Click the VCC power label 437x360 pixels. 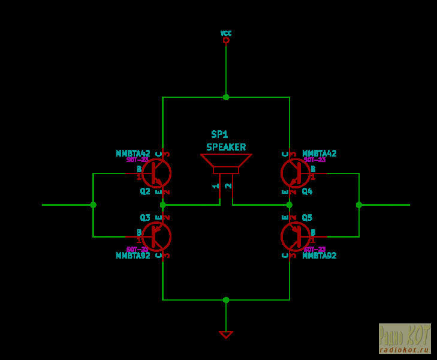tap(226, 34)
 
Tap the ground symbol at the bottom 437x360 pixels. tap(226, 334)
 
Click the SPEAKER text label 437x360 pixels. tap(226, 147)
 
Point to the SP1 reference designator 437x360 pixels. tap(219, 134)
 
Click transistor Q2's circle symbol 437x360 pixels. tap(156, 173)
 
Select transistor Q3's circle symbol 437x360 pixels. tap(156, 236)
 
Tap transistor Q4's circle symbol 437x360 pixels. tap(296, 173)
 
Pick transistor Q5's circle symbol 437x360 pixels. tap(296, 236)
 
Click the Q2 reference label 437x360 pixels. tap(145, 191)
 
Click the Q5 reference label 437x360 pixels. tap(307, 218)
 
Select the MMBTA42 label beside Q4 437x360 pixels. tap(320, 154)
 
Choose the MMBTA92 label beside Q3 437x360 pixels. tap(133, 256)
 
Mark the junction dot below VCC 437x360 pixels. tap(226, 97)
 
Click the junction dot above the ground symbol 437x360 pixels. tap(226, 300)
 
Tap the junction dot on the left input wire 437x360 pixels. tap(93, 205)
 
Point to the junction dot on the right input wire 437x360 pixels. tap(359, 205)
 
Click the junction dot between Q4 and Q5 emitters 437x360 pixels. tap(290, 205)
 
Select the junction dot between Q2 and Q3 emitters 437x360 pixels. tap(162, 205)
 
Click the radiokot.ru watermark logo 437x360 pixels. tap(405, 338)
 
